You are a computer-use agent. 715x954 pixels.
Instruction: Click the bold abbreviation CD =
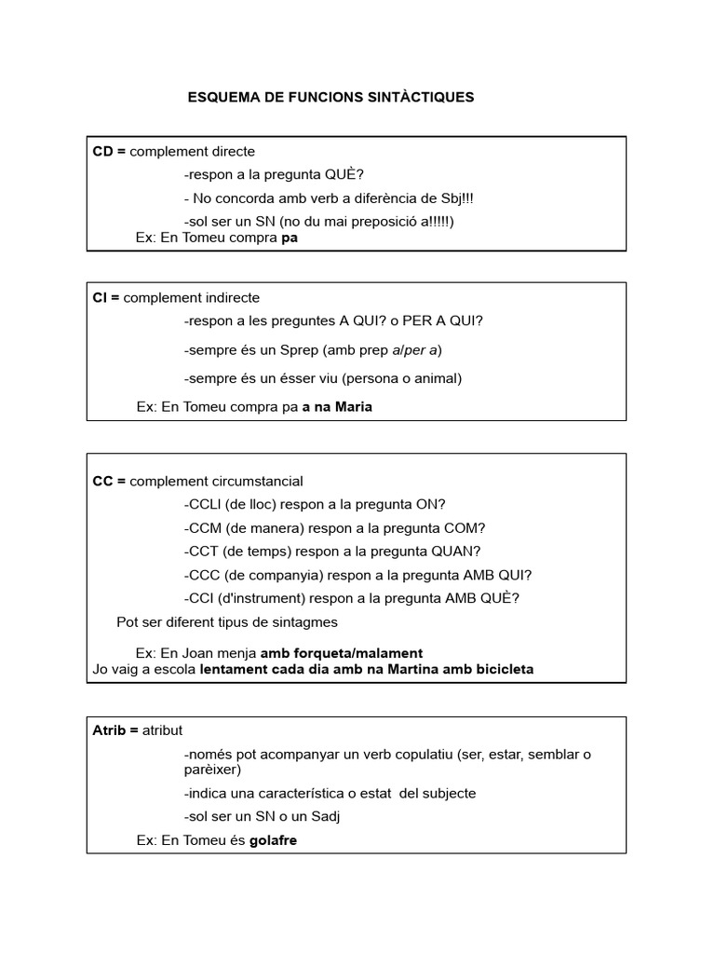(109, 151)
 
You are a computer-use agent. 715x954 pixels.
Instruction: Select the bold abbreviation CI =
(106, 297)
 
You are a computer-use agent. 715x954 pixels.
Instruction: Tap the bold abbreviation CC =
(109, 481)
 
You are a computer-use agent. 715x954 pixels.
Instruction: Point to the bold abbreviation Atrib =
(115, 729)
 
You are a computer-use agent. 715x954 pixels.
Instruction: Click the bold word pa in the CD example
(290, 238)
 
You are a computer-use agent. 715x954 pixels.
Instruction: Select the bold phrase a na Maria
(337, 406)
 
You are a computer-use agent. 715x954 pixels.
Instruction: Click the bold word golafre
(273, 839)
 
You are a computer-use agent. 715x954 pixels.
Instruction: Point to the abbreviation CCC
(205, 574)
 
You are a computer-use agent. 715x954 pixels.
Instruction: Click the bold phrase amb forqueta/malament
(341, 653)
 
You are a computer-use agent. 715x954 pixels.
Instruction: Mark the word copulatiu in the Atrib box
(406, 754)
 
